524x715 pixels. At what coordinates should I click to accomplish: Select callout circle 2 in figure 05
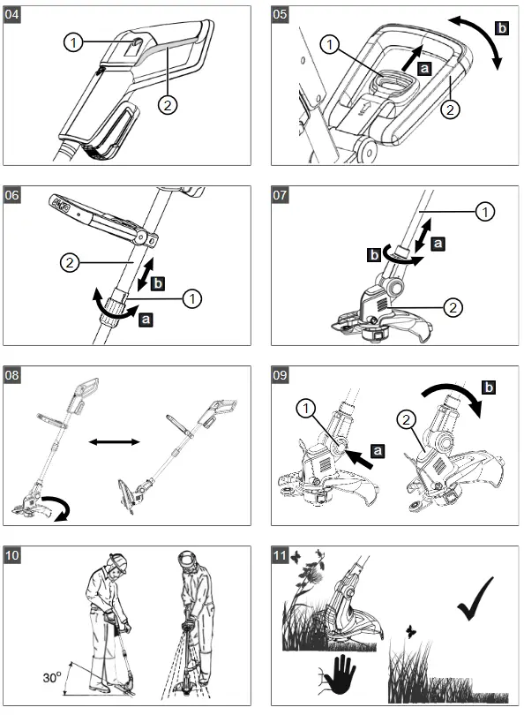coord(451,109)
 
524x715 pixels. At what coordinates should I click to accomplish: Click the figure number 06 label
coord(15,196)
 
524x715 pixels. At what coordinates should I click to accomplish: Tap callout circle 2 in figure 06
coord(74,261)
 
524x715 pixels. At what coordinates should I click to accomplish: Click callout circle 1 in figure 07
coord(485,212)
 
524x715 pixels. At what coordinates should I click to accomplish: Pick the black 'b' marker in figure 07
coord(373,256)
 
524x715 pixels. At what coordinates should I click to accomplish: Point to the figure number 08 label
coord(15,374)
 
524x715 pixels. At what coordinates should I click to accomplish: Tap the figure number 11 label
coord(282,555)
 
